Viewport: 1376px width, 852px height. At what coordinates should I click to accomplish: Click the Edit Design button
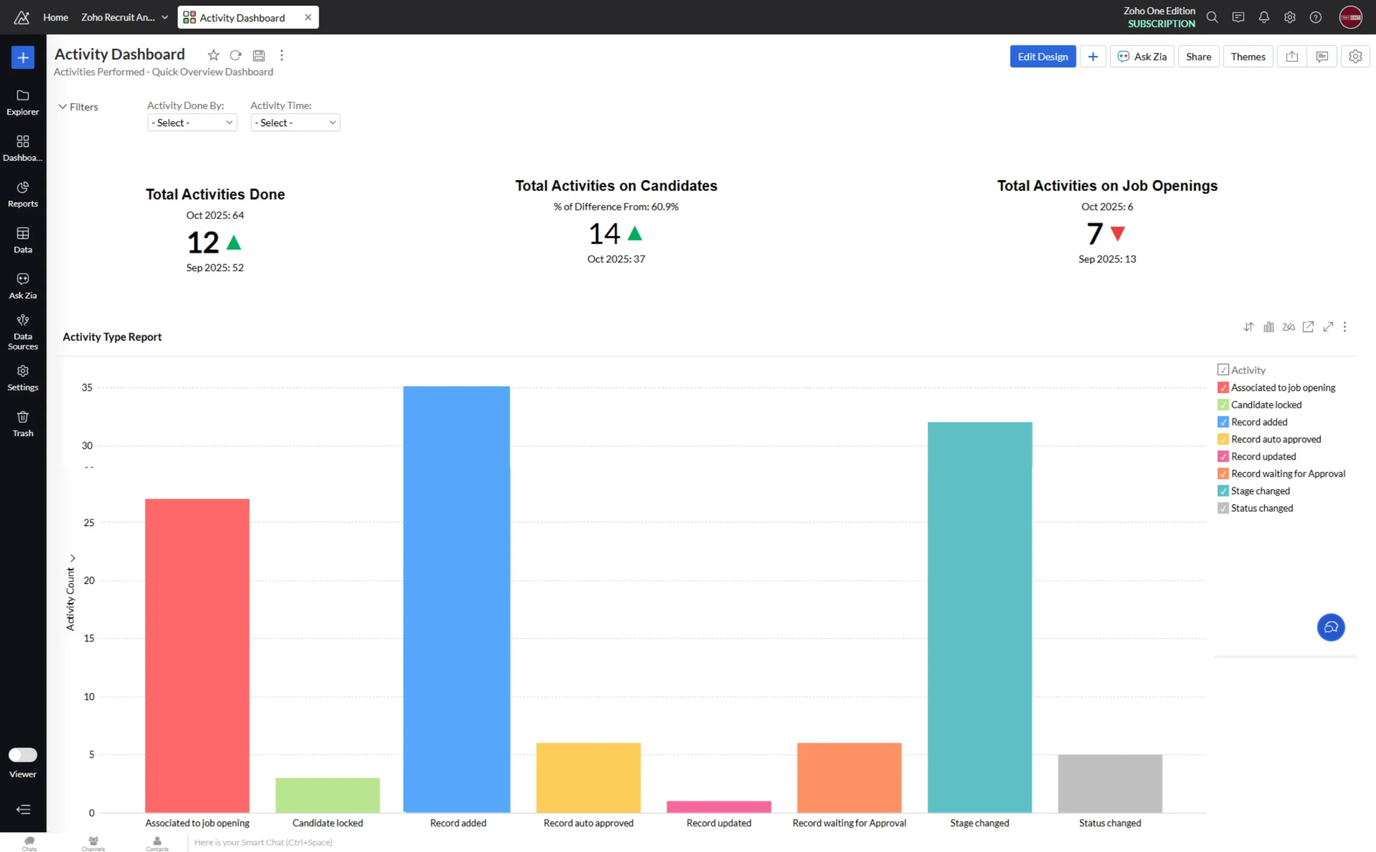tap(1042, 56)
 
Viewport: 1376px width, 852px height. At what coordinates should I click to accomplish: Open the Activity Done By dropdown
tap(192, 122)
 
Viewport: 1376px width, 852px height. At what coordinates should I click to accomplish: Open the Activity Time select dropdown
tap(295, 122)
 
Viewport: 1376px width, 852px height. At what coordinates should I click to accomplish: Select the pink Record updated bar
tap(718, 806)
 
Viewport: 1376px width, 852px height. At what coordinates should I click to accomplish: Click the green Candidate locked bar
tap(327, 795)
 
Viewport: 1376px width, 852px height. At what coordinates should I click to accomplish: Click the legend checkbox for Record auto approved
tap(1223, 439)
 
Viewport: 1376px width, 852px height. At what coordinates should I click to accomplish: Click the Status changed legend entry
tap(1262, 508)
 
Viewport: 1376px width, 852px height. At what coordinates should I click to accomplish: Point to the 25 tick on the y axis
tap(89, 522)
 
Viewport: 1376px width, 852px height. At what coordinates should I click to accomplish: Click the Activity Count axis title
tap(70, 598)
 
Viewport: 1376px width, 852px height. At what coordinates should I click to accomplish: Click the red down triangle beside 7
tap(1117, 233)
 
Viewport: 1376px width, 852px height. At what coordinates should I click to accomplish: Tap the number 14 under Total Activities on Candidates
tap(604, 233)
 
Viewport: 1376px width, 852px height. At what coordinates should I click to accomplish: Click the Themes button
tap(1248, 56)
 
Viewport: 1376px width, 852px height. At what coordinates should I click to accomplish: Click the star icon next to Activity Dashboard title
tap(213, 55)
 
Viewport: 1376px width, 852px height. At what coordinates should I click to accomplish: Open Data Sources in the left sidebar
tap(23, 332)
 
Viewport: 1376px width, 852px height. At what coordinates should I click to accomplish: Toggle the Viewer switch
tap(23, 755)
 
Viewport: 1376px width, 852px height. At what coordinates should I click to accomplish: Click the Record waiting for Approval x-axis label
tap(849, 822)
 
